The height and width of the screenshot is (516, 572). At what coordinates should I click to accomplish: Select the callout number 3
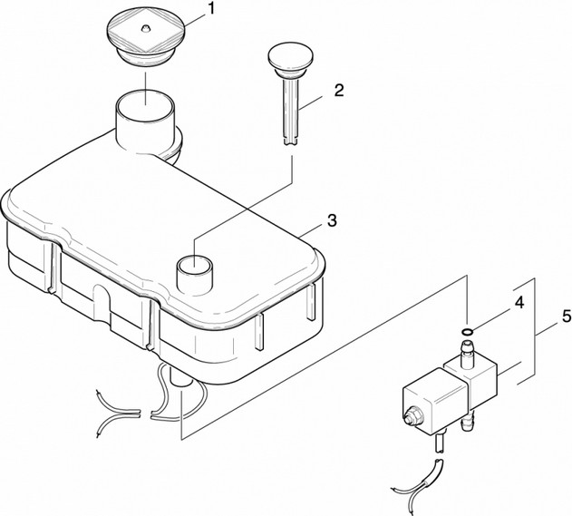pos(332,220)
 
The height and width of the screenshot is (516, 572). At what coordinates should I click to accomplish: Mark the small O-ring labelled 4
pos(465,333)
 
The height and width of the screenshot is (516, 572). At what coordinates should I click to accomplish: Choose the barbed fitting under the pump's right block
pos(470,420)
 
